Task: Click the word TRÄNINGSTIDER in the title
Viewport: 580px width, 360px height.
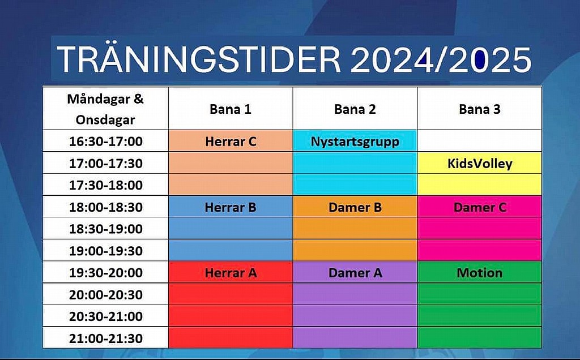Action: (199, 59)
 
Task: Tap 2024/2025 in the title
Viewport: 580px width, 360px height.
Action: (441, 59)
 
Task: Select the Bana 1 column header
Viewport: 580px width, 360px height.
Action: (231, 109)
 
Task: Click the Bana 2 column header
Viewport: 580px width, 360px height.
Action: (355, 109)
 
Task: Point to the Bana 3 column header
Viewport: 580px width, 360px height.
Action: (480, 109)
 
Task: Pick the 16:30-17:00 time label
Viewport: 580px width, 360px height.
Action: (106, 141)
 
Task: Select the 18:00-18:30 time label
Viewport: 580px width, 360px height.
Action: (106, 207)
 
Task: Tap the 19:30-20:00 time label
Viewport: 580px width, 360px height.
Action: (106, 273)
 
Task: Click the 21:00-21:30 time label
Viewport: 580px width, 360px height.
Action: (106, 338)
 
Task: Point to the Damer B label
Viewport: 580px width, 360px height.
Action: (355, 207)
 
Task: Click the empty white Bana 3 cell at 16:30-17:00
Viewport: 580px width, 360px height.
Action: (480, 141)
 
